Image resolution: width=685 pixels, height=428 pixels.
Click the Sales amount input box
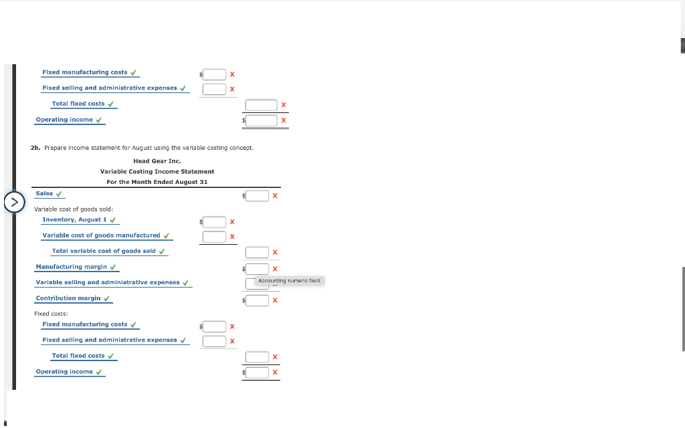(258, 196)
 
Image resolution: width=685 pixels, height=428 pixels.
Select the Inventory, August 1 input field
(214, 222)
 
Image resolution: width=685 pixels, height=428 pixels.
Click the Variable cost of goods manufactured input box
(214, 237)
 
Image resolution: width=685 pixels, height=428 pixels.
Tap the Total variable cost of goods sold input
(258, 252)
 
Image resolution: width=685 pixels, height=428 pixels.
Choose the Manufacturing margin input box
(258, 269)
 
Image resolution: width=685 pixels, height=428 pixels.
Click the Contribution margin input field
(258, 300)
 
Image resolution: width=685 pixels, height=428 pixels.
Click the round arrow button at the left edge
(15, 202)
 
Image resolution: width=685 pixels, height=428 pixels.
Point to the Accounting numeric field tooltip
(289, 281)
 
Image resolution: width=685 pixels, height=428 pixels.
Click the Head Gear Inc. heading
(157, 161)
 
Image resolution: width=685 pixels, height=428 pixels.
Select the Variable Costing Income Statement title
(157, 172)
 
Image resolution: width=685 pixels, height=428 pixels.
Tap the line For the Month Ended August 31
(157, 182)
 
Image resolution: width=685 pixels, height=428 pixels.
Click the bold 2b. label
(35, 148)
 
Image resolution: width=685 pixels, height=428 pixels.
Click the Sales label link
(44, 193)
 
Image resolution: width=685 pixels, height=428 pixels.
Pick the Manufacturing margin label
(71, 267)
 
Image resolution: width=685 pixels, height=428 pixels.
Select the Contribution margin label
(68, 298)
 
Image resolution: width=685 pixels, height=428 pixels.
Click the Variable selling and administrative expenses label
(108, 283)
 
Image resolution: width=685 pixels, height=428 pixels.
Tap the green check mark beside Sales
(59, 194)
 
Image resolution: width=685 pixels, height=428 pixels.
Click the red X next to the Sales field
(275, 196)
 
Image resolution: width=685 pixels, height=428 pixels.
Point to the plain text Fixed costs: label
(51, 314)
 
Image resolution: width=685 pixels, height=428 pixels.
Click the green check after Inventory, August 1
(112, 220)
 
